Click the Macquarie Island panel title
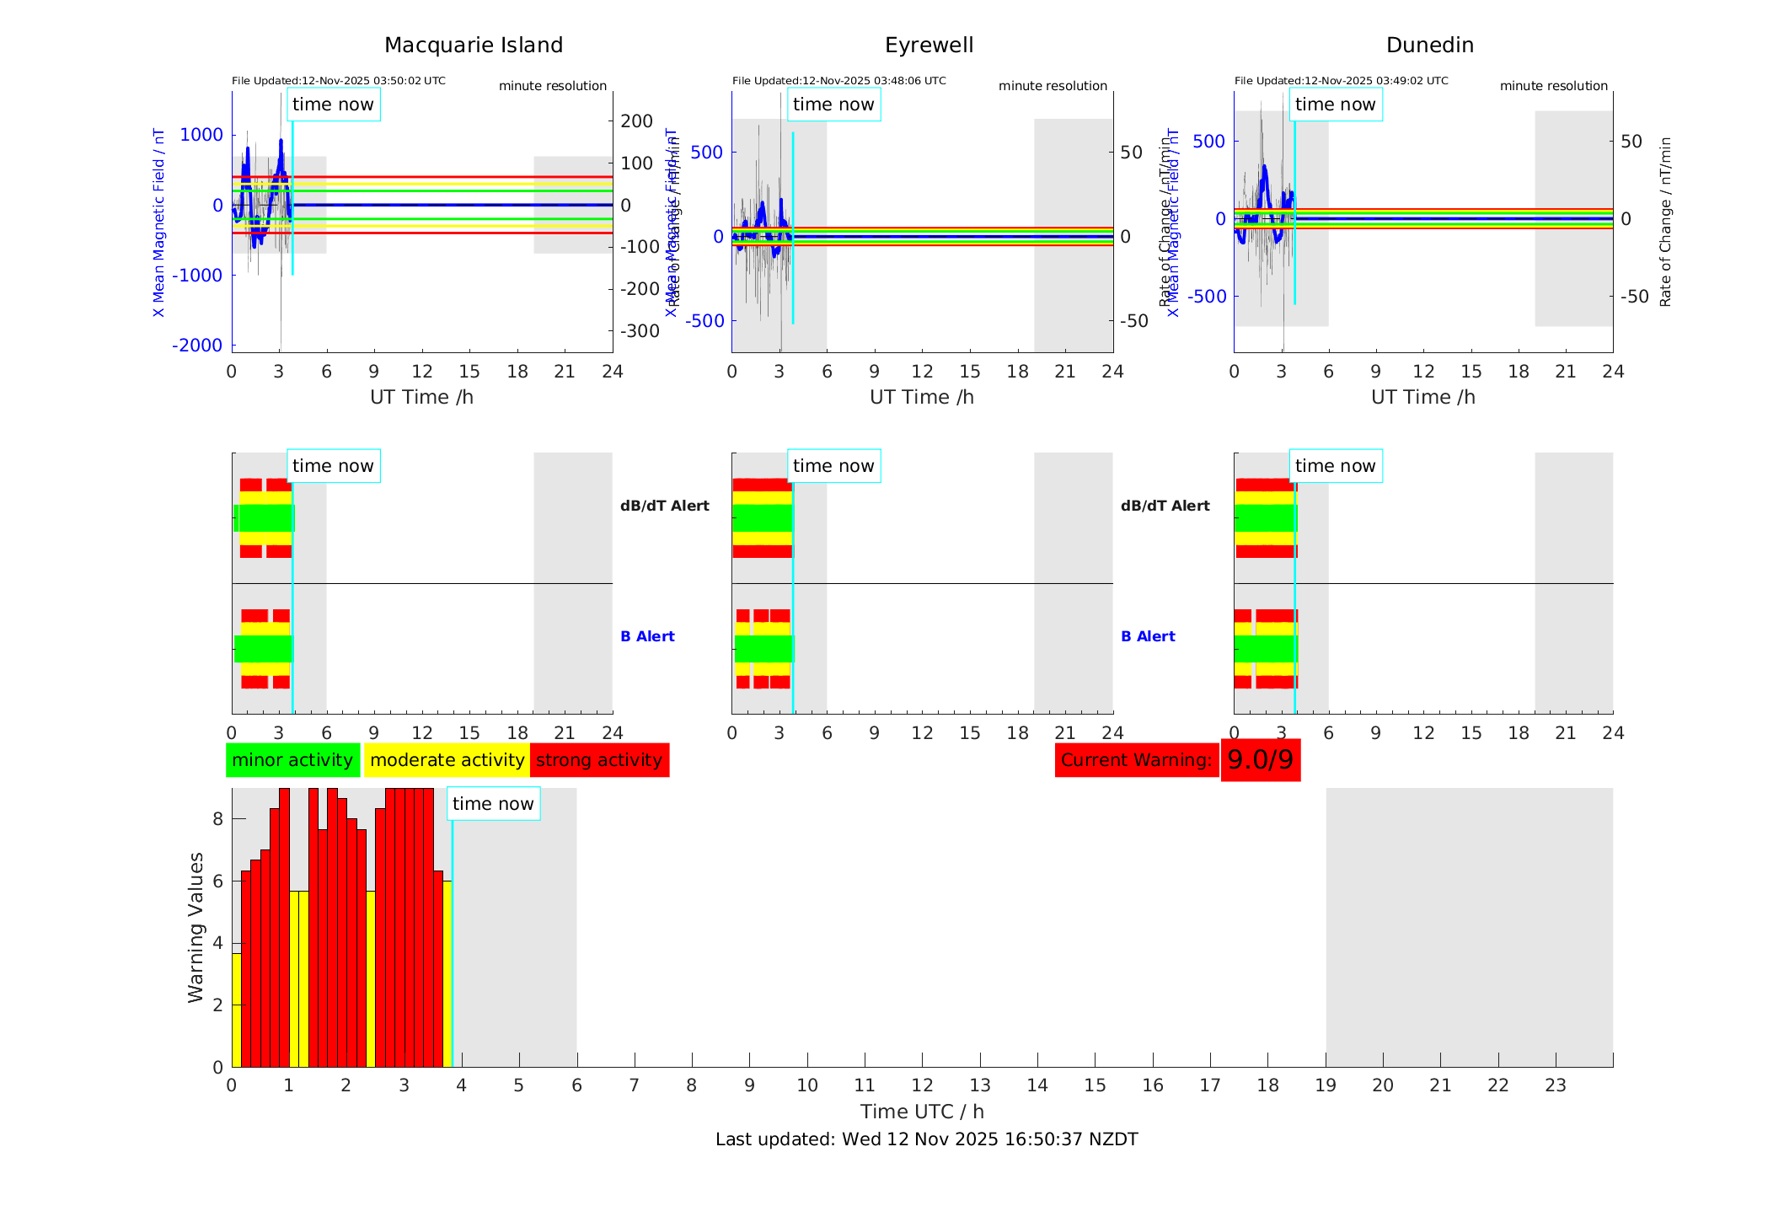[x=474, y=46]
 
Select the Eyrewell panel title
[x=929, y=46]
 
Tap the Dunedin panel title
[x=1429, y=46]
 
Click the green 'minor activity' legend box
[x=292, y=760]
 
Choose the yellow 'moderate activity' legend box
[x=447, y=760]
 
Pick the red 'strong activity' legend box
[x=599, y=760]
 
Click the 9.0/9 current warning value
[x=1260, y=760]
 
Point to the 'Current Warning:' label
[x=1136, y=760]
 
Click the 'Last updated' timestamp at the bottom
[x=926, y=1139]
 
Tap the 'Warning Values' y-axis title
[x=196, y=927]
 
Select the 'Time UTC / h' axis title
[x=922, y=1112]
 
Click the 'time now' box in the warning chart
[x=493, y=804]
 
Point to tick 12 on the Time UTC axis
[x=922, y=1085]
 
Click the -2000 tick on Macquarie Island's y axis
[x=197, y=346]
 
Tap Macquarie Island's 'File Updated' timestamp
[x=339, y=81]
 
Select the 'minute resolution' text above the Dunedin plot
[x=1553, y=86]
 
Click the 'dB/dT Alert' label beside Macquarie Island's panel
[x=664, y=506]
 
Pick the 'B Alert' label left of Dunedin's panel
[x=1148, y=636]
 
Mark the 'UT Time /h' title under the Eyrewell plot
[x=921, y=397]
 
